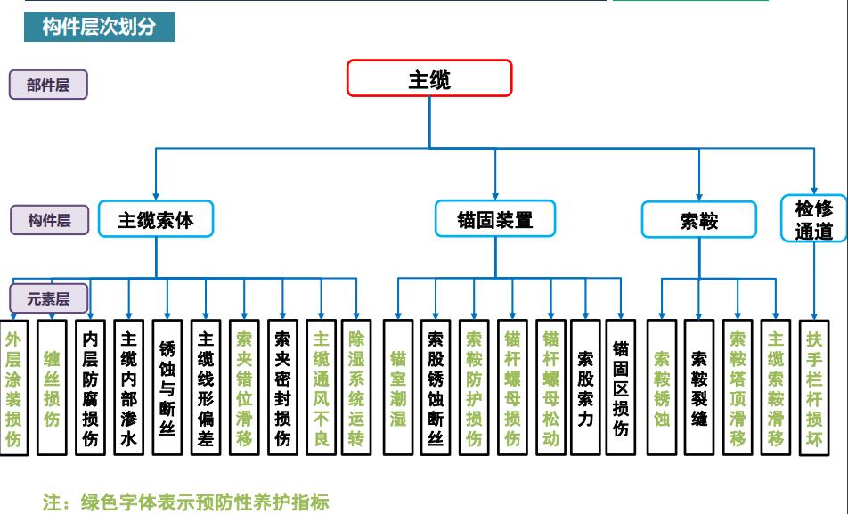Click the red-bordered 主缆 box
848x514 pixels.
[429, 78]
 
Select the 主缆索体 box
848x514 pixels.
[156, 218]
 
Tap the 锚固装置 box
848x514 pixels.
[495, 219]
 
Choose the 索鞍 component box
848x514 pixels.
[698, 220]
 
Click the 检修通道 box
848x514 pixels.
[813, 219]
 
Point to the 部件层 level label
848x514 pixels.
[48, 85]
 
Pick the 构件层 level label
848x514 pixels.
[49, 220]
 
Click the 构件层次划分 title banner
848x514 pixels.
[99, 27]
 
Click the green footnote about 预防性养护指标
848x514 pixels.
[186, 502]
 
